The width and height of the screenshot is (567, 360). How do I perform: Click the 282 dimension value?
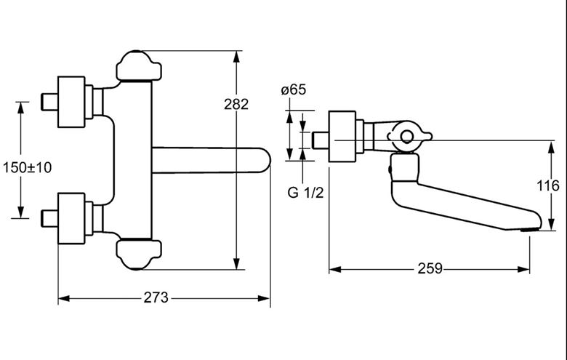coord(236,104)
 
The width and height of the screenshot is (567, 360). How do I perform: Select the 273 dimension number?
coord(156,297)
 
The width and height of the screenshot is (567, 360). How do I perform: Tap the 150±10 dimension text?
coord(28,167)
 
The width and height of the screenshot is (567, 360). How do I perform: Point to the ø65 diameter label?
coord(293,89)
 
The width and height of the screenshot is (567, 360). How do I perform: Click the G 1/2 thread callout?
coord(305,193)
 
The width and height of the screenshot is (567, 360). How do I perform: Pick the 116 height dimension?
coord(548,186)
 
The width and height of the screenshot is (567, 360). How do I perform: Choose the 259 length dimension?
coord(430,269)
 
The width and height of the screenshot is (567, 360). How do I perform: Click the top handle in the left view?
coord(139,65)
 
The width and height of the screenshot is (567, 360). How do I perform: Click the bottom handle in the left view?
coord(139,255)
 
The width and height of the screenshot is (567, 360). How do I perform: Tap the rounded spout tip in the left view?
coord(266,160)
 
